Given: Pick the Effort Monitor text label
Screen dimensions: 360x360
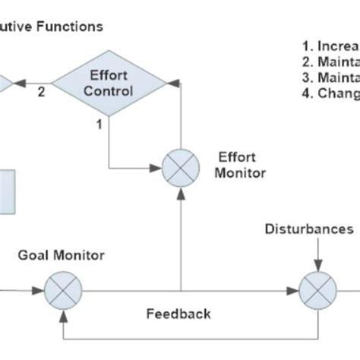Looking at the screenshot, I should [x=242, y=166].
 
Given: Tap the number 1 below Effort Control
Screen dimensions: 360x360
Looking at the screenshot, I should [x=98, y=125].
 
